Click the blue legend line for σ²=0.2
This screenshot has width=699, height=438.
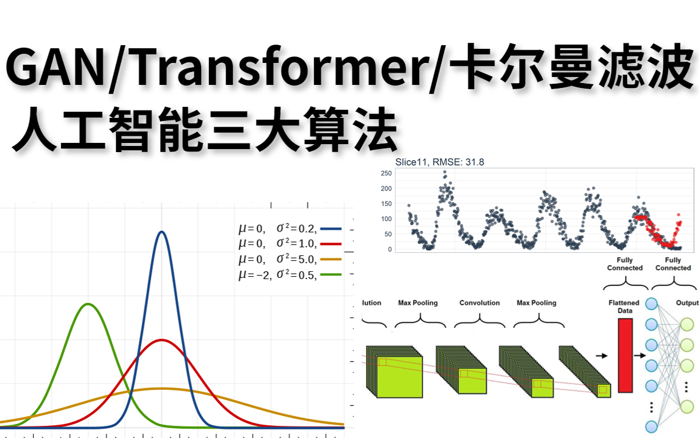330,229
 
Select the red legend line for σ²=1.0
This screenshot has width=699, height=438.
330,244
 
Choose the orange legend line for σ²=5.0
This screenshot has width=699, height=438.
330,259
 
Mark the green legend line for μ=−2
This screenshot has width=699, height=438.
330,274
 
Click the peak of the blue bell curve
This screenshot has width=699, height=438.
161,232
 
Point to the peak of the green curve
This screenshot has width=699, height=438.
89,304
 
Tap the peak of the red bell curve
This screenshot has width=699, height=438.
161,340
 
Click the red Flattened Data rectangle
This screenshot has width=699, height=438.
625,355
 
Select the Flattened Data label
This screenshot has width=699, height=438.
624,307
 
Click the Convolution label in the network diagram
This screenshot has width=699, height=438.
480,303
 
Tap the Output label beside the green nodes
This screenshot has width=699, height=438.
687,303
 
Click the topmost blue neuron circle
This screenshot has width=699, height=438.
651,304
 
